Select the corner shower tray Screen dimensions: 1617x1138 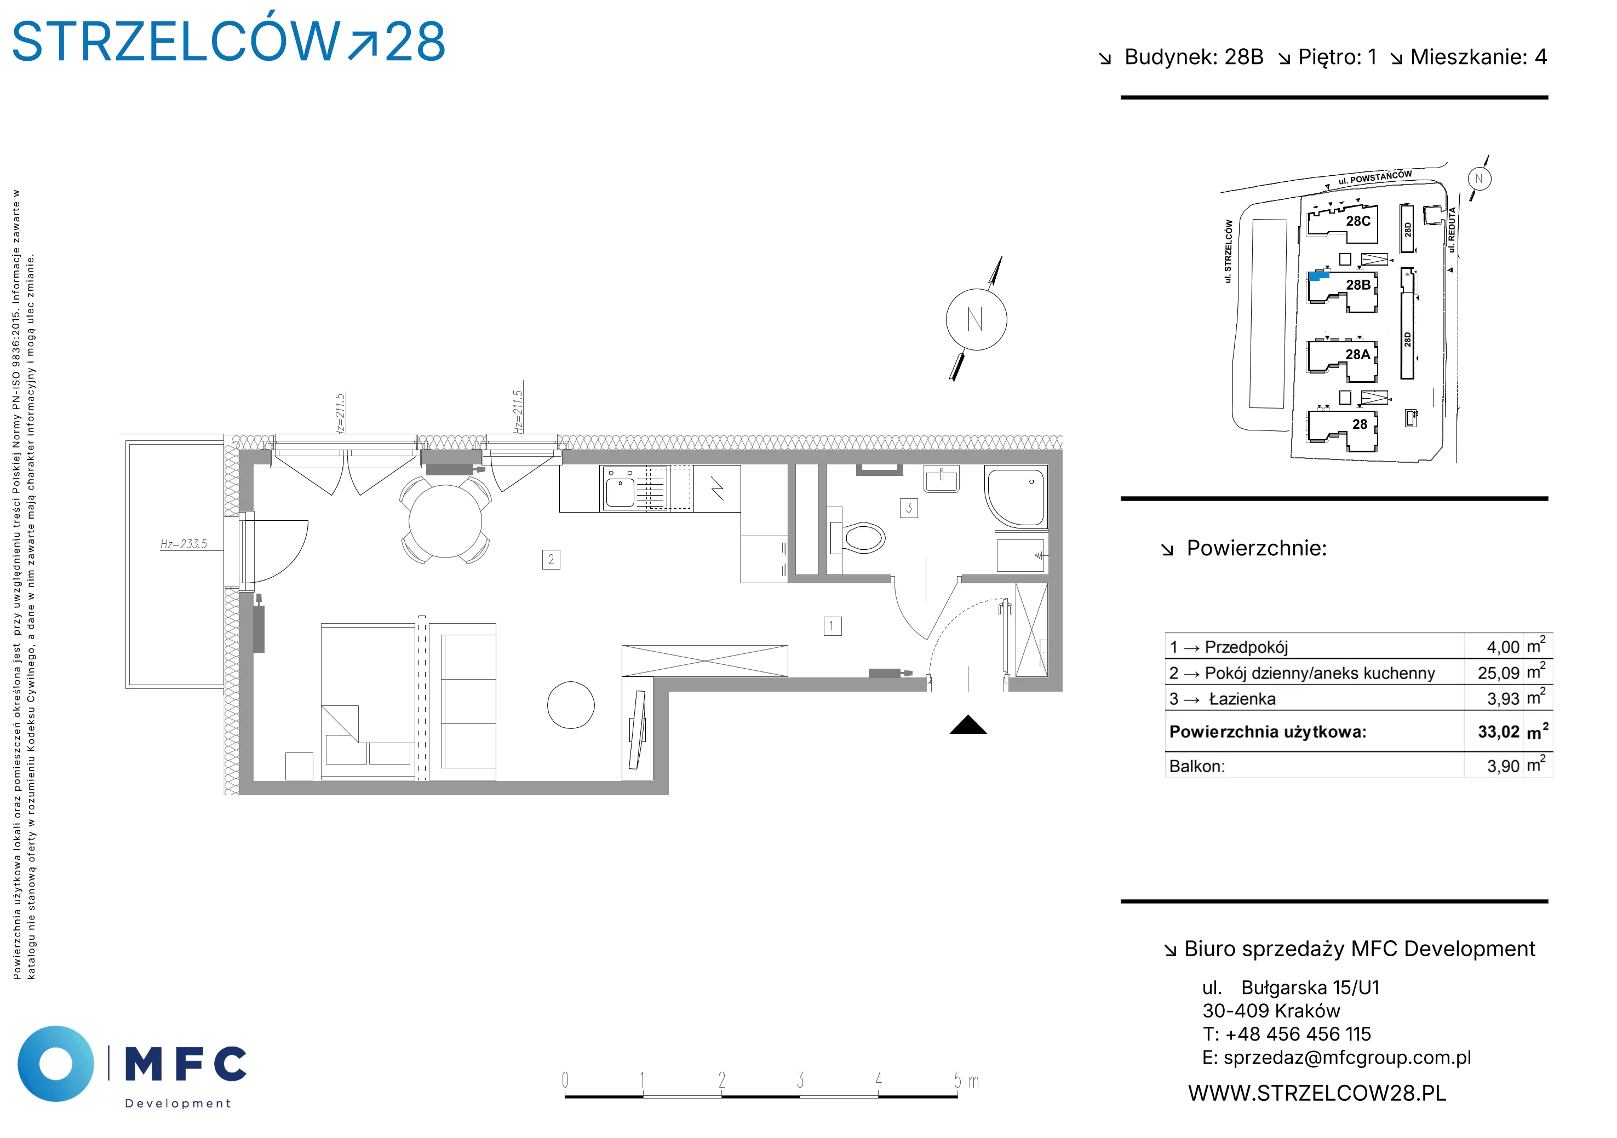1016,498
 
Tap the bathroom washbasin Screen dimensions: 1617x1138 941,479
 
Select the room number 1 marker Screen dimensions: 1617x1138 833,626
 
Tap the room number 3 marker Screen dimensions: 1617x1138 909,508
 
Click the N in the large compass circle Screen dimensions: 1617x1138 976,320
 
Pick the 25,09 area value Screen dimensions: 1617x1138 1499,673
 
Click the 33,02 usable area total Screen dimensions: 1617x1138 1499,732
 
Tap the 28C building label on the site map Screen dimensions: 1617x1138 1358,221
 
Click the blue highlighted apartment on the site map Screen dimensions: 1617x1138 1318,276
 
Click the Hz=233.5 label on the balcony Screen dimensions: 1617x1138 184,544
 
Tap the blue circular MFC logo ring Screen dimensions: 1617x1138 56,1064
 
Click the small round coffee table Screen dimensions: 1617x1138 571,705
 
